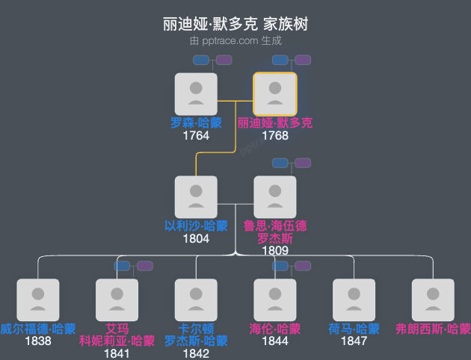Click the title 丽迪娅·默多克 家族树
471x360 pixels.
point(235,24)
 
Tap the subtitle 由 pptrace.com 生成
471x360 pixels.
point(235,42)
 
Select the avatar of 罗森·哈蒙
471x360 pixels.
point(196,94)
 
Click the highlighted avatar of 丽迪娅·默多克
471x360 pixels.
point(275,94)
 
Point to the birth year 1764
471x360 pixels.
point(196,136)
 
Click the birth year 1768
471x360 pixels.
point(275,136)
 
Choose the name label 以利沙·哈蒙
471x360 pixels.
point(196,226)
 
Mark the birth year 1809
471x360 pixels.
point(275,251)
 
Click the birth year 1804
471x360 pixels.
point(196,239)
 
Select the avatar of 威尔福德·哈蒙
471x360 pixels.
point(37,300)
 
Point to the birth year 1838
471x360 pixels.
point(37,341)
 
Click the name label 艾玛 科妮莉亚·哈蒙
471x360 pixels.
point(117,335)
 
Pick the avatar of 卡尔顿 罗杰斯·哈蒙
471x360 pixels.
point(196,300)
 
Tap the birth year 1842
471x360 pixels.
point(196,353)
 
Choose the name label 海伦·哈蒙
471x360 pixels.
point(275,329)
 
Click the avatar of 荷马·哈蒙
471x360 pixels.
point(354,300)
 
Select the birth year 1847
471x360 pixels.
point(354,341)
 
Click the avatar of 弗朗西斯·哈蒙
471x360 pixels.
point(434,300)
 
